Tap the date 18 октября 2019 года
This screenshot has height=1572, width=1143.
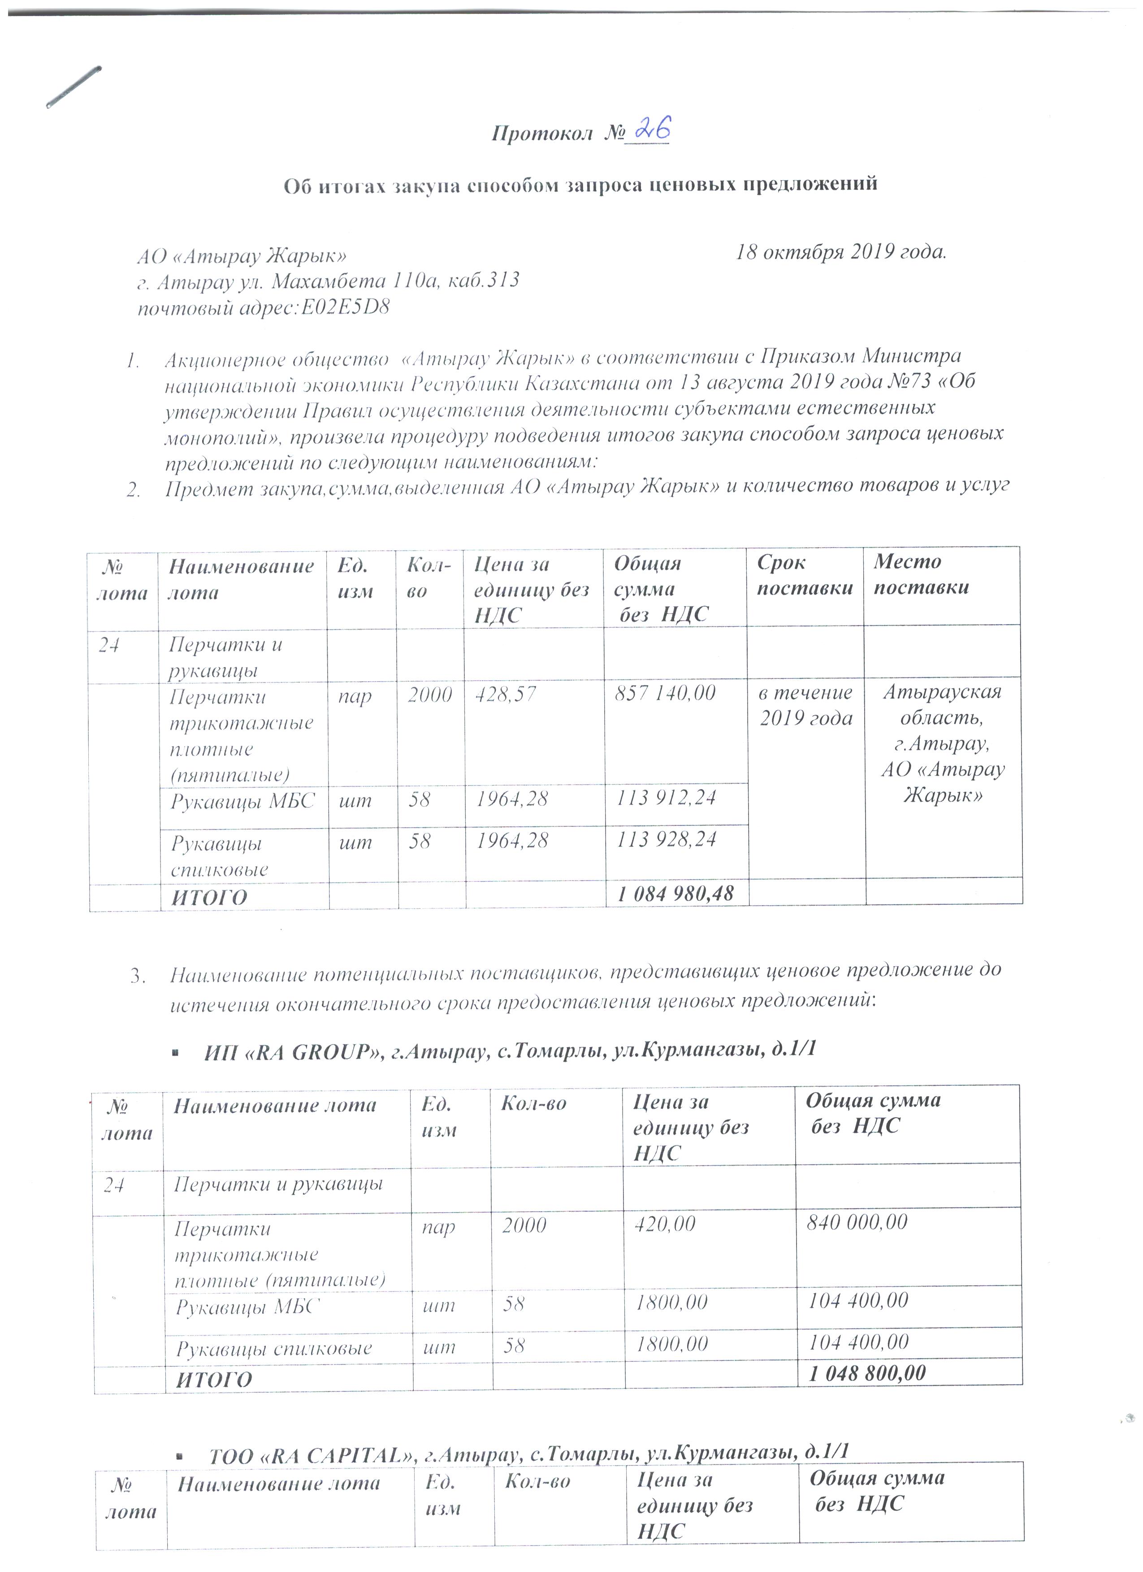[x=841, y=252]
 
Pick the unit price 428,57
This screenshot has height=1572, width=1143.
[x=505, y=694]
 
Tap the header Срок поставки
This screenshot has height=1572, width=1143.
[x=804, y=575]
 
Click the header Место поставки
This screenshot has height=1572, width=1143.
[x=921, y=574]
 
